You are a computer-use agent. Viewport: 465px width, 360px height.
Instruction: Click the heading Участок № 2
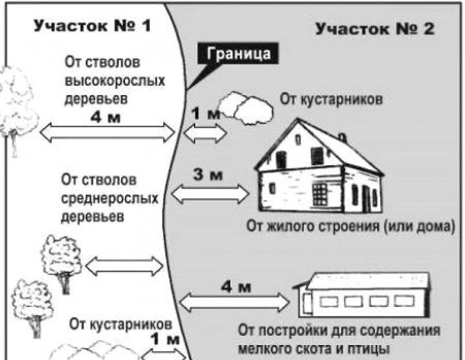click(x=375, y=29)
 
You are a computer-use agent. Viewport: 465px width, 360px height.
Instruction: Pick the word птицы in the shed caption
click(x=367, y=349)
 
